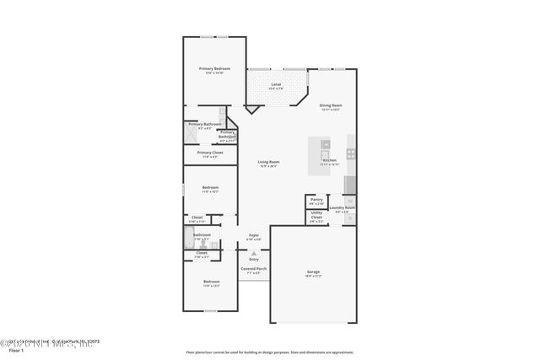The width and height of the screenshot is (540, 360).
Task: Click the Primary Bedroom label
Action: click(x=214, y=68)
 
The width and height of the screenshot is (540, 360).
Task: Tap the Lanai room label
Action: click(x=274, y=83)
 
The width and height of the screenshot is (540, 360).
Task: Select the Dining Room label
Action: click(x=331, y=105)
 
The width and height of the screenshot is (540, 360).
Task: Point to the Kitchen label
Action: click(x=330, y=159)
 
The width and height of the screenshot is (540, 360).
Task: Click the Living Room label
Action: click(x=268, y=162)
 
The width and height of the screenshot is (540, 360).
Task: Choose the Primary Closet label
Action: click(x=210, y=153)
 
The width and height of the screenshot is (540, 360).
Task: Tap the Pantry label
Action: click(x=316, y=200)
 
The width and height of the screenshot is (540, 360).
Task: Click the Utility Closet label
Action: click(x=316, y=217)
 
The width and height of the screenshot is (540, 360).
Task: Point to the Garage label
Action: click(x=313, y=271)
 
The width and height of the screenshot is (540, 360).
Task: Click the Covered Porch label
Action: click(x=254, y=269)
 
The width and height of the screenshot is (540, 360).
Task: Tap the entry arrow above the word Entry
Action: click(x=254, y=252)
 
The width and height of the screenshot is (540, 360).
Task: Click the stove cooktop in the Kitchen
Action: click(x=352, y=154)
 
